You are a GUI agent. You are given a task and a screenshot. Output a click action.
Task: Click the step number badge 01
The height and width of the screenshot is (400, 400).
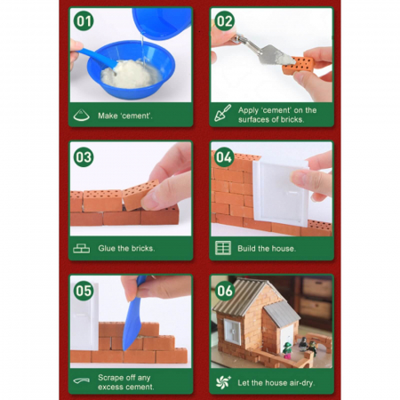[84, 21]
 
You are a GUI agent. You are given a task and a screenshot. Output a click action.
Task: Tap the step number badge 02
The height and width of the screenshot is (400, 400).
[224, 21]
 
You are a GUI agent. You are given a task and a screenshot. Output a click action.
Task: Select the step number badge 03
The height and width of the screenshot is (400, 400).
[84, 157]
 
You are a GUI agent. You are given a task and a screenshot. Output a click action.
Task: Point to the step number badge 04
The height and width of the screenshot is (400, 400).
[224, 157]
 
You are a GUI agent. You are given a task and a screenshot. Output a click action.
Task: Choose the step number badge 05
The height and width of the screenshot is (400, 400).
[84, 291]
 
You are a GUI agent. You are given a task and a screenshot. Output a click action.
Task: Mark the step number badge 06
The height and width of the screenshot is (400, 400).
[224, 291]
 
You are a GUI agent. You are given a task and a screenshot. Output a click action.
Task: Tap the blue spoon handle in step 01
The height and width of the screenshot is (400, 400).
[96, 57]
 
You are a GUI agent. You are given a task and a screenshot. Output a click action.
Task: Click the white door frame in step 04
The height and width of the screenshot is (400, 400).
[280, 193]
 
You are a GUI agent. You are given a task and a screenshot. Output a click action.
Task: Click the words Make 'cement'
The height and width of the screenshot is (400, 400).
[125, 116]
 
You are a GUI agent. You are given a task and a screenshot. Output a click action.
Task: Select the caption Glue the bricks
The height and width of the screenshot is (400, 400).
[126, 248]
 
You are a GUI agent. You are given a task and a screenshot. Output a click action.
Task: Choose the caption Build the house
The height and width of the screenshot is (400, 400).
[267, 249]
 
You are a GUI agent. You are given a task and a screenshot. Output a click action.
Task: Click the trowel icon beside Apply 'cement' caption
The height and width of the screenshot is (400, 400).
[223, 113]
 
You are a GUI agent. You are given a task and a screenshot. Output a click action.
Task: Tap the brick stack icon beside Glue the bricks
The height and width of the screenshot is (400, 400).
[82, 248]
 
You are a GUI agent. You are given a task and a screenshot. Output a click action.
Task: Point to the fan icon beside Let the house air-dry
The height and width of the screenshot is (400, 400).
[223, 382]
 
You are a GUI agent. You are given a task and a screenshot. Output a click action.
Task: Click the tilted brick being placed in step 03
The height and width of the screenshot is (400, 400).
[140, 193]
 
